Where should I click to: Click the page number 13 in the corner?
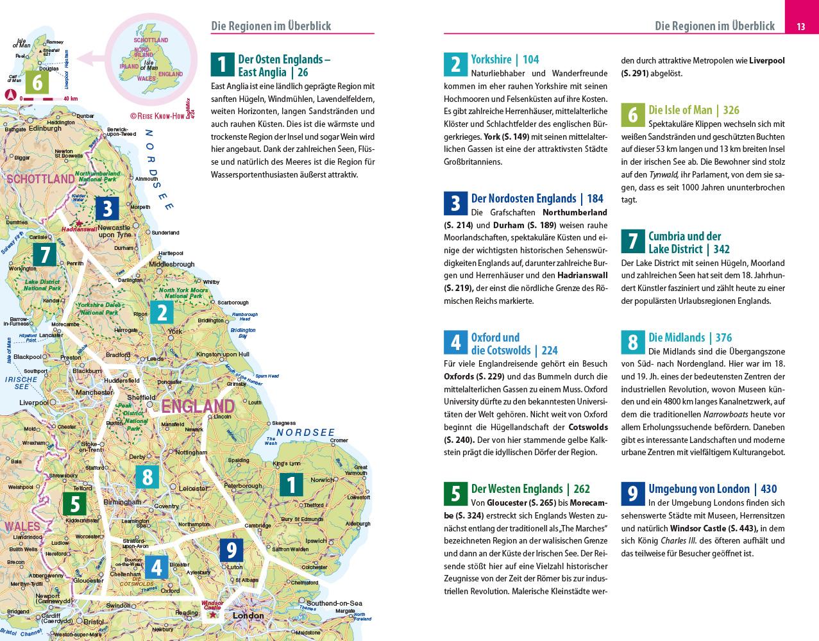tap(800, 26)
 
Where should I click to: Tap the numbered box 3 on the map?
tap(107, 208)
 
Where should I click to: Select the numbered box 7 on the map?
tap(44, 254)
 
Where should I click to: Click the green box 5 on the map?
tap(74, 504)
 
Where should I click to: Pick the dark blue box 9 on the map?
tap(231, 550)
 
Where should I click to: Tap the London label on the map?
tap(248, 616)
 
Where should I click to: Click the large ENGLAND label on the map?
tap(198, 406)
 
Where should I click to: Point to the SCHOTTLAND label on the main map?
tap(40, 179)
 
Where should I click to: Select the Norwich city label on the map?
tap(322, 480)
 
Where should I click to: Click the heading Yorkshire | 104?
tap(505, 60)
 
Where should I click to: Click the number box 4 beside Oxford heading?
tap(455, 343)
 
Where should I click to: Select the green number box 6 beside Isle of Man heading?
tap(633, 115)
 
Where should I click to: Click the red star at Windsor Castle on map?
tap(212, 614)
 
